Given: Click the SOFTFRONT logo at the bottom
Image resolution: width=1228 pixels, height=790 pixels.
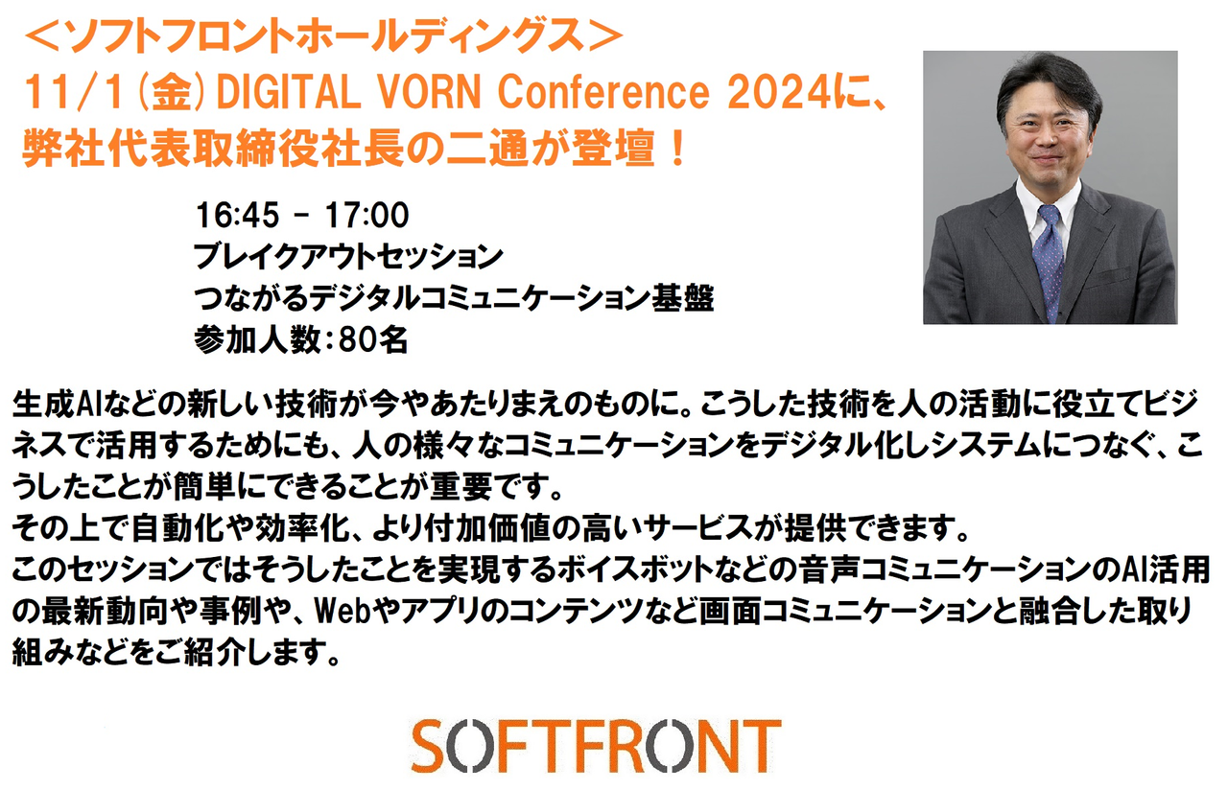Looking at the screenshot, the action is coord(596,746).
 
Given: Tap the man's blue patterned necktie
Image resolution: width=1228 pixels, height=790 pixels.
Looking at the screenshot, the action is coord(1050,262).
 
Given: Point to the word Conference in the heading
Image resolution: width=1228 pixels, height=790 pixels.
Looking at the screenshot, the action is coord(603,91).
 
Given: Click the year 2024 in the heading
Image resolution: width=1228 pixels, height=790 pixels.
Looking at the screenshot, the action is coord(779,91).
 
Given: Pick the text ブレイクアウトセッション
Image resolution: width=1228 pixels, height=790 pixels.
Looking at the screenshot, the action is coord(348,256).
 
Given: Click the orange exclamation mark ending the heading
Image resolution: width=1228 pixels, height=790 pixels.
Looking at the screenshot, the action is coord(677,148).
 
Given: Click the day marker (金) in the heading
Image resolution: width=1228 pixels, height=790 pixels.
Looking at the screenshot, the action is coord(172,92).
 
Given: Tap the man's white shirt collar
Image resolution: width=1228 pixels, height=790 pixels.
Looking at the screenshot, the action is coord(1049,202).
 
